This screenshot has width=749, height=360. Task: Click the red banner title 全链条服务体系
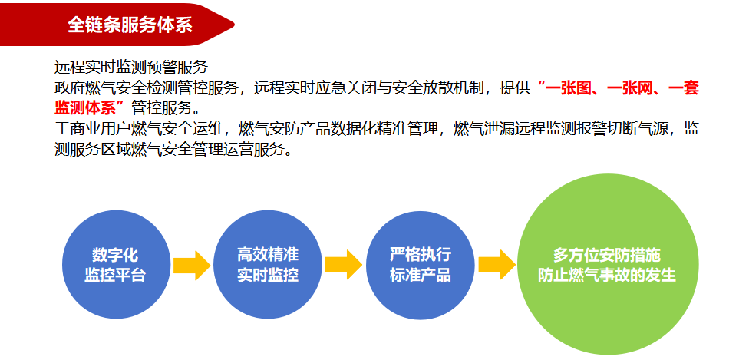[x=130, y=25]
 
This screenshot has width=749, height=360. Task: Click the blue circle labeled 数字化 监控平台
[x=116, y=265]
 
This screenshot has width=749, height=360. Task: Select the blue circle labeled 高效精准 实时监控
[x=268, y=265]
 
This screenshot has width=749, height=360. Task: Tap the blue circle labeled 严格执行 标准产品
[x=421, y=265]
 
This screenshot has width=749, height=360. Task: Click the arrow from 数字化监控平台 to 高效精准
[x=192, y=265]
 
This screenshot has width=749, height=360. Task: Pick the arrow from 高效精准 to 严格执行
[x=344, y=265]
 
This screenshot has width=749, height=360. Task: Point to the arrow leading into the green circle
[x=497, y=265]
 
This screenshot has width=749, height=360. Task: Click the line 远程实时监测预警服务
[x=131, y=68]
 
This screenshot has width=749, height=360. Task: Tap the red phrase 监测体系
[x=85, y=108]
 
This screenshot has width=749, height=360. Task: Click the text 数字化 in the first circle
[x=115, y=255]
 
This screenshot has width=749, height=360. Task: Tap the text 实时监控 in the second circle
[x=268, y=275]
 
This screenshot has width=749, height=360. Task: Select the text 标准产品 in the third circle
[x=421, y=275]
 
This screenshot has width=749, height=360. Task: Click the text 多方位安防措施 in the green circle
[x=607, y=255]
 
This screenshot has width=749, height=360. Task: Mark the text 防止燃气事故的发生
[x=607, y=275]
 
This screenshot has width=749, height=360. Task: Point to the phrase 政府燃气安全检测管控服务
[x=146, y=88]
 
